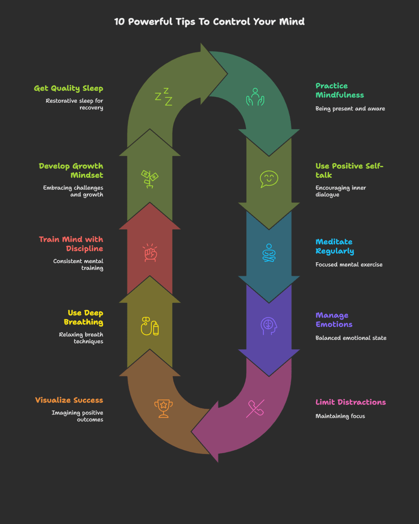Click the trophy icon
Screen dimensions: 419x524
coord(164,408)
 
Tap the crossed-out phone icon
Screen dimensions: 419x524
coord(255,408)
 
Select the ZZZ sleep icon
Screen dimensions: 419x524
coord(164,97)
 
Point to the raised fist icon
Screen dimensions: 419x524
coord(150,253)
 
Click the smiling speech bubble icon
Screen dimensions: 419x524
coord(269,179)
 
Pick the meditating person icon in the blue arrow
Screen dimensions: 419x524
coord(269,253)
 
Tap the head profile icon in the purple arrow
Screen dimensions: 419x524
coord(269,326)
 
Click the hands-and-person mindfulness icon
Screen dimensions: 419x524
coord(255,97)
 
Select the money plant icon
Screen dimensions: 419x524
coord(150,179)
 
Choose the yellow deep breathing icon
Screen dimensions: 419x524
coord(150,326)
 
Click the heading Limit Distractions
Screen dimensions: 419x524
coord(350,402)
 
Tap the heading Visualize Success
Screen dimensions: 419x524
coord(69,400)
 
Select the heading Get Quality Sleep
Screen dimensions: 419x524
coord(69,88)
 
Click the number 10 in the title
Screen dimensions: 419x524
coord(119,22)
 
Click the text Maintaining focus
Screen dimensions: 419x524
coord(340,416)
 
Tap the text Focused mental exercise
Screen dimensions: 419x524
coord(349,264)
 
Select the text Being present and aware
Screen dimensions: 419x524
coord(350,108)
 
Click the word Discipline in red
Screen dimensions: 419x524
coord(85,249)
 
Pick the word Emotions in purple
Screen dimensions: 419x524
coord(334,324)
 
